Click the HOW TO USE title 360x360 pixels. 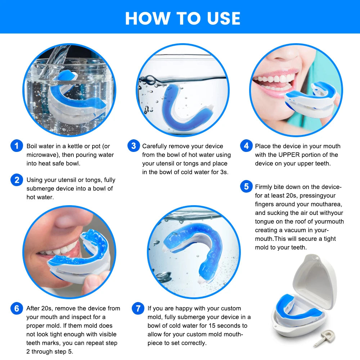(183, 18)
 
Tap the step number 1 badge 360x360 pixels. (17, 146)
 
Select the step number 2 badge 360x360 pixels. (17, 180)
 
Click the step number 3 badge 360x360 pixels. (133, 146)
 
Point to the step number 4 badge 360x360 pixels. (246, 146)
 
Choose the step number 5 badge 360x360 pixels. (246, 187)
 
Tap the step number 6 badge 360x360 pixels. (17, 309)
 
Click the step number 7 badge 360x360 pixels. (138, 309)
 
